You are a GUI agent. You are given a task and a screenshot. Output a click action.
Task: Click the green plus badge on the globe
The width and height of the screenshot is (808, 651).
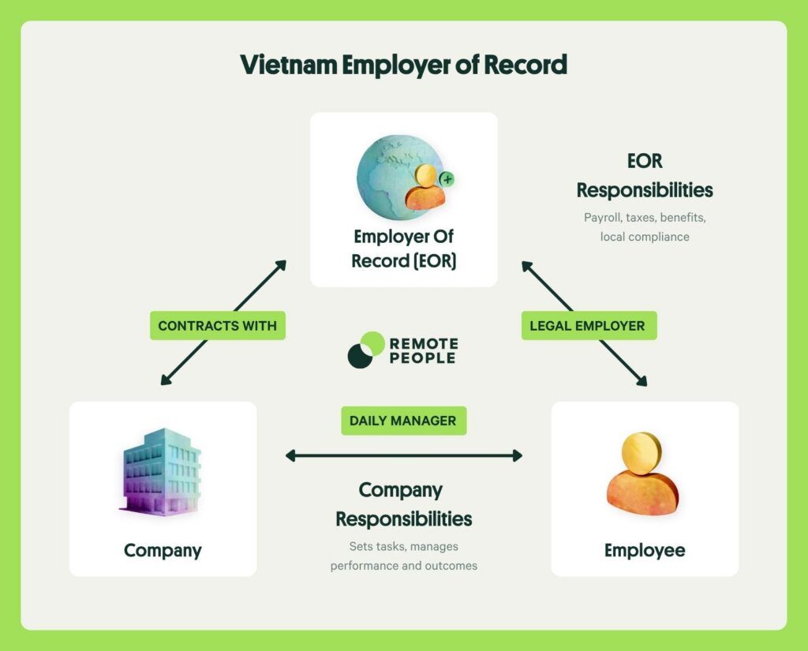coord(447,179)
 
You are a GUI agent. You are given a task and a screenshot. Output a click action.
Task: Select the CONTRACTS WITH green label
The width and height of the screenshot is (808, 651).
coord(218,325)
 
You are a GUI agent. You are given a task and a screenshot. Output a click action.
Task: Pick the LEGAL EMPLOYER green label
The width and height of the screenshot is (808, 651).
coord(589,325)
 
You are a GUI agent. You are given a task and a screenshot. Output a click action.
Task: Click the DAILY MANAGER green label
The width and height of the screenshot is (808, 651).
coord(403,421)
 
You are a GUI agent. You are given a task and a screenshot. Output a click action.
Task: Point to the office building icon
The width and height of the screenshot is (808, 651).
coord(161,472)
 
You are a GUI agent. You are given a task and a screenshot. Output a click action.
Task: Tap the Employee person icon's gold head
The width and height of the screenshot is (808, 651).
coord(642,453)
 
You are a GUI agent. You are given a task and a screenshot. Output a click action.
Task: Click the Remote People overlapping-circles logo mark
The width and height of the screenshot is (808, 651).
coord(366,350)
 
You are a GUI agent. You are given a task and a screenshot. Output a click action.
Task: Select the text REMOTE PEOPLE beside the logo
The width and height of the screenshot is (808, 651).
coord(424,350)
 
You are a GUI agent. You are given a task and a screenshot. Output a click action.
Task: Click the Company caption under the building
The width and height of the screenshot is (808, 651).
coord(163,551)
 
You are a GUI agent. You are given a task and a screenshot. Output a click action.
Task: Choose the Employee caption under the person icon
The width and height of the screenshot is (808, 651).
coord(645,550)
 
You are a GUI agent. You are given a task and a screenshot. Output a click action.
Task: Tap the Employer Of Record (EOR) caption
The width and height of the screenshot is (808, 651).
coord(403,249)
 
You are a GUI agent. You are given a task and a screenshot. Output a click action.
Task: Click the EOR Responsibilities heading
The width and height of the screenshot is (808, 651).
coord(645,175)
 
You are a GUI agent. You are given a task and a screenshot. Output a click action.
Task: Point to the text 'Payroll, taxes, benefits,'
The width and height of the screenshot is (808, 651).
coord(645,218)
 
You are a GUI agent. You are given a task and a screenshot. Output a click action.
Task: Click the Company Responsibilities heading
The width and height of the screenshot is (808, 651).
coord(403,504)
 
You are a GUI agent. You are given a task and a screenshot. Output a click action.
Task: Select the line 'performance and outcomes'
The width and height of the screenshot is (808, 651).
coord(403,566)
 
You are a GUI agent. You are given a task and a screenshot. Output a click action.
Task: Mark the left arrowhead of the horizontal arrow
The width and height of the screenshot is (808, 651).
coord(290,455)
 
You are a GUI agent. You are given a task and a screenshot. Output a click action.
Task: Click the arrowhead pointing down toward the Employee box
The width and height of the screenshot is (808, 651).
coord(642,381)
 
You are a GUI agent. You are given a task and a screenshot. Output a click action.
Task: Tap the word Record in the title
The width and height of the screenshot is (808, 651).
coord(525,65)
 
